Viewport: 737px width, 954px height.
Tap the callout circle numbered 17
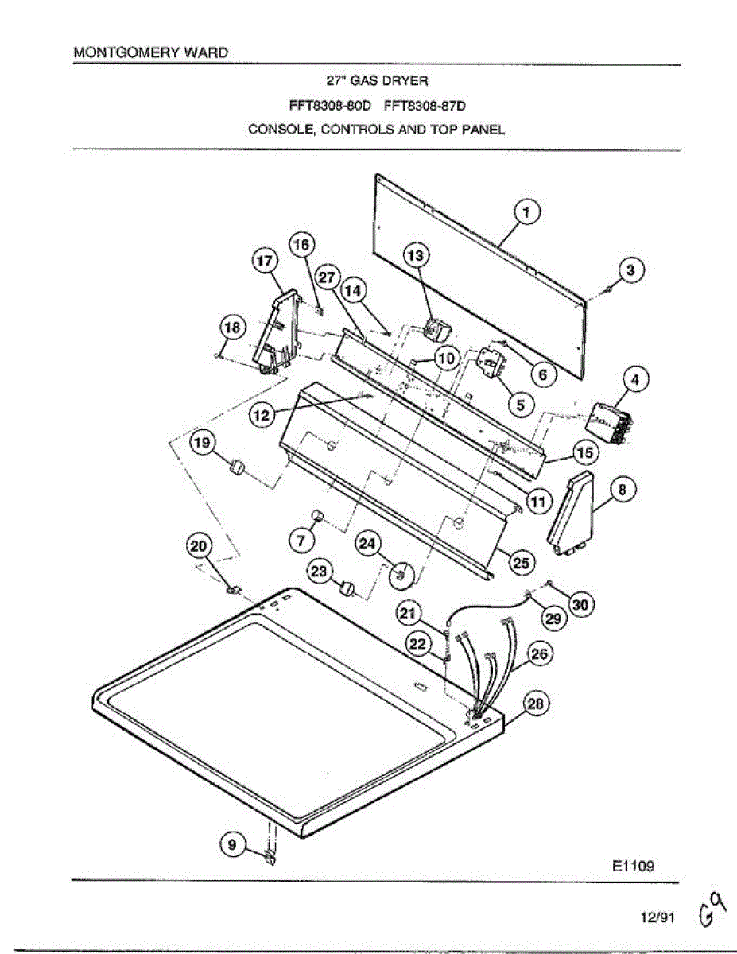click(263, 262)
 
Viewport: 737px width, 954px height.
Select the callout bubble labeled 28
click(537, 704)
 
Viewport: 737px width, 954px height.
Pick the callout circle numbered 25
click(520, 562)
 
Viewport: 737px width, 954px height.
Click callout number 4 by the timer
click(634, 381)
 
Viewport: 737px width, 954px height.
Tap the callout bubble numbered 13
click(416, 255)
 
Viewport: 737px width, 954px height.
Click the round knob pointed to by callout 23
click(347, 589)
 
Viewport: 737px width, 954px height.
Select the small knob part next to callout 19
click(235, 467)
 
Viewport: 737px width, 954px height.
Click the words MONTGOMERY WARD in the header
click(150, 52)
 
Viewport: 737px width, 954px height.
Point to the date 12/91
click(657, 917)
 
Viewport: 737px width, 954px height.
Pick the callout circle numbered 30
click(580, 605)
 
